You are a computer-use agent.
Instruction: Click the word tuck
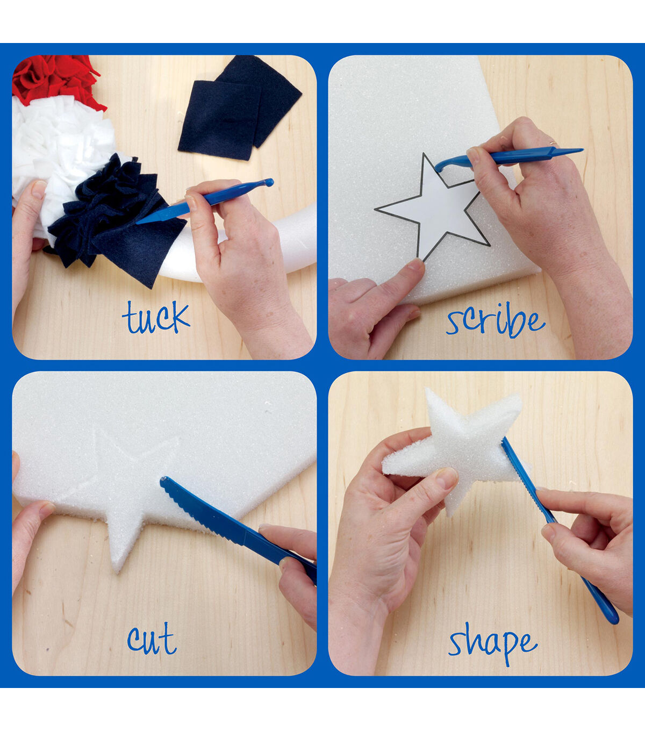point(156,317)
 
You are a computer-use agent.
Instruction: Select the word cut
point(152,638)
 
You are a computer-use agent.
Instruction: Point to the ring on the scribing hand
point(552,144)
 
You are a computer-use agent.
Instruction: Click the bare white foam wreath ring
point(253,249)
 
